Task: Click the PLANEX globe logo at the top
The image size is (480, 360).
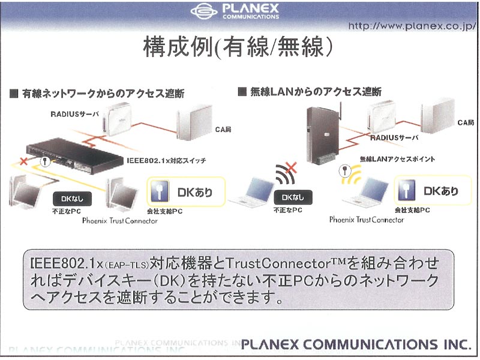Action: coord(204,11)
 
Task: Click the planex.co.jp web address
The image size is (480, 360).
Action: coord(412,26)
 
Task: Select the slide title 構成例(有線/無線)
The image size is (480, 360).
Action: coord(238,47)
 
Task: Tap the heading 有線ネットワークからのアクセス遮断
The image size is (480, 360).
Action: coord(103,94)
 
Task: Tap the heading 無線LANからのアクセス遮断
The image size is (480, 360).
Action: coord(316,92)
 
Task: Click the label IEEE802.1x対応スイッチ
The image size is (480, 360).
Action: coord(166,161)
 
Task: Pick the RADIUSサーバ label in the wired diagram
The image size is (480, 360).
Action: coord(74,114)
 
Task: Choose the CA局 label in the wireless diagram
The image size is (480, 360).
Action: coord(466,123)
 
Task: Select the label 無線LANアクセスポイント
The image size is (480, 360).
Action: coord(397,159)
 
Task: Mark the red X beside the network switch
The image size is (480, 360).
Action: coord(23,161)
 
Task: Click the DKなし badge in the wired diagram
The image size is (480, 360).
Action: coord(72,199)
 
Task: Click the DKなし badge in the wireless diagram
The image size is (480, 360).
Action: coord(293,197)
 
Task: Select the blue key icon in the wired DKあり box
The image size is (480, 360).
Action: coord(160,191)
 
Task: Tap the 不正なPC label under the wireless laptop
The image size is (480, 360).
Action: coord(288,211)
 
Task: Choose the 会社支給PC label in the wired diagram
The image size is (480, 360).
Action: coord(164,212)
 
